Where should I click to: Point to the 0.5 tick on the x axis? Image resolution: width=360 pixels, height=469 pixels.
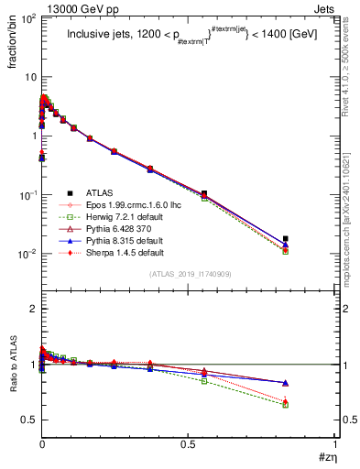pyautogui.click(x=189, y=444)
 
